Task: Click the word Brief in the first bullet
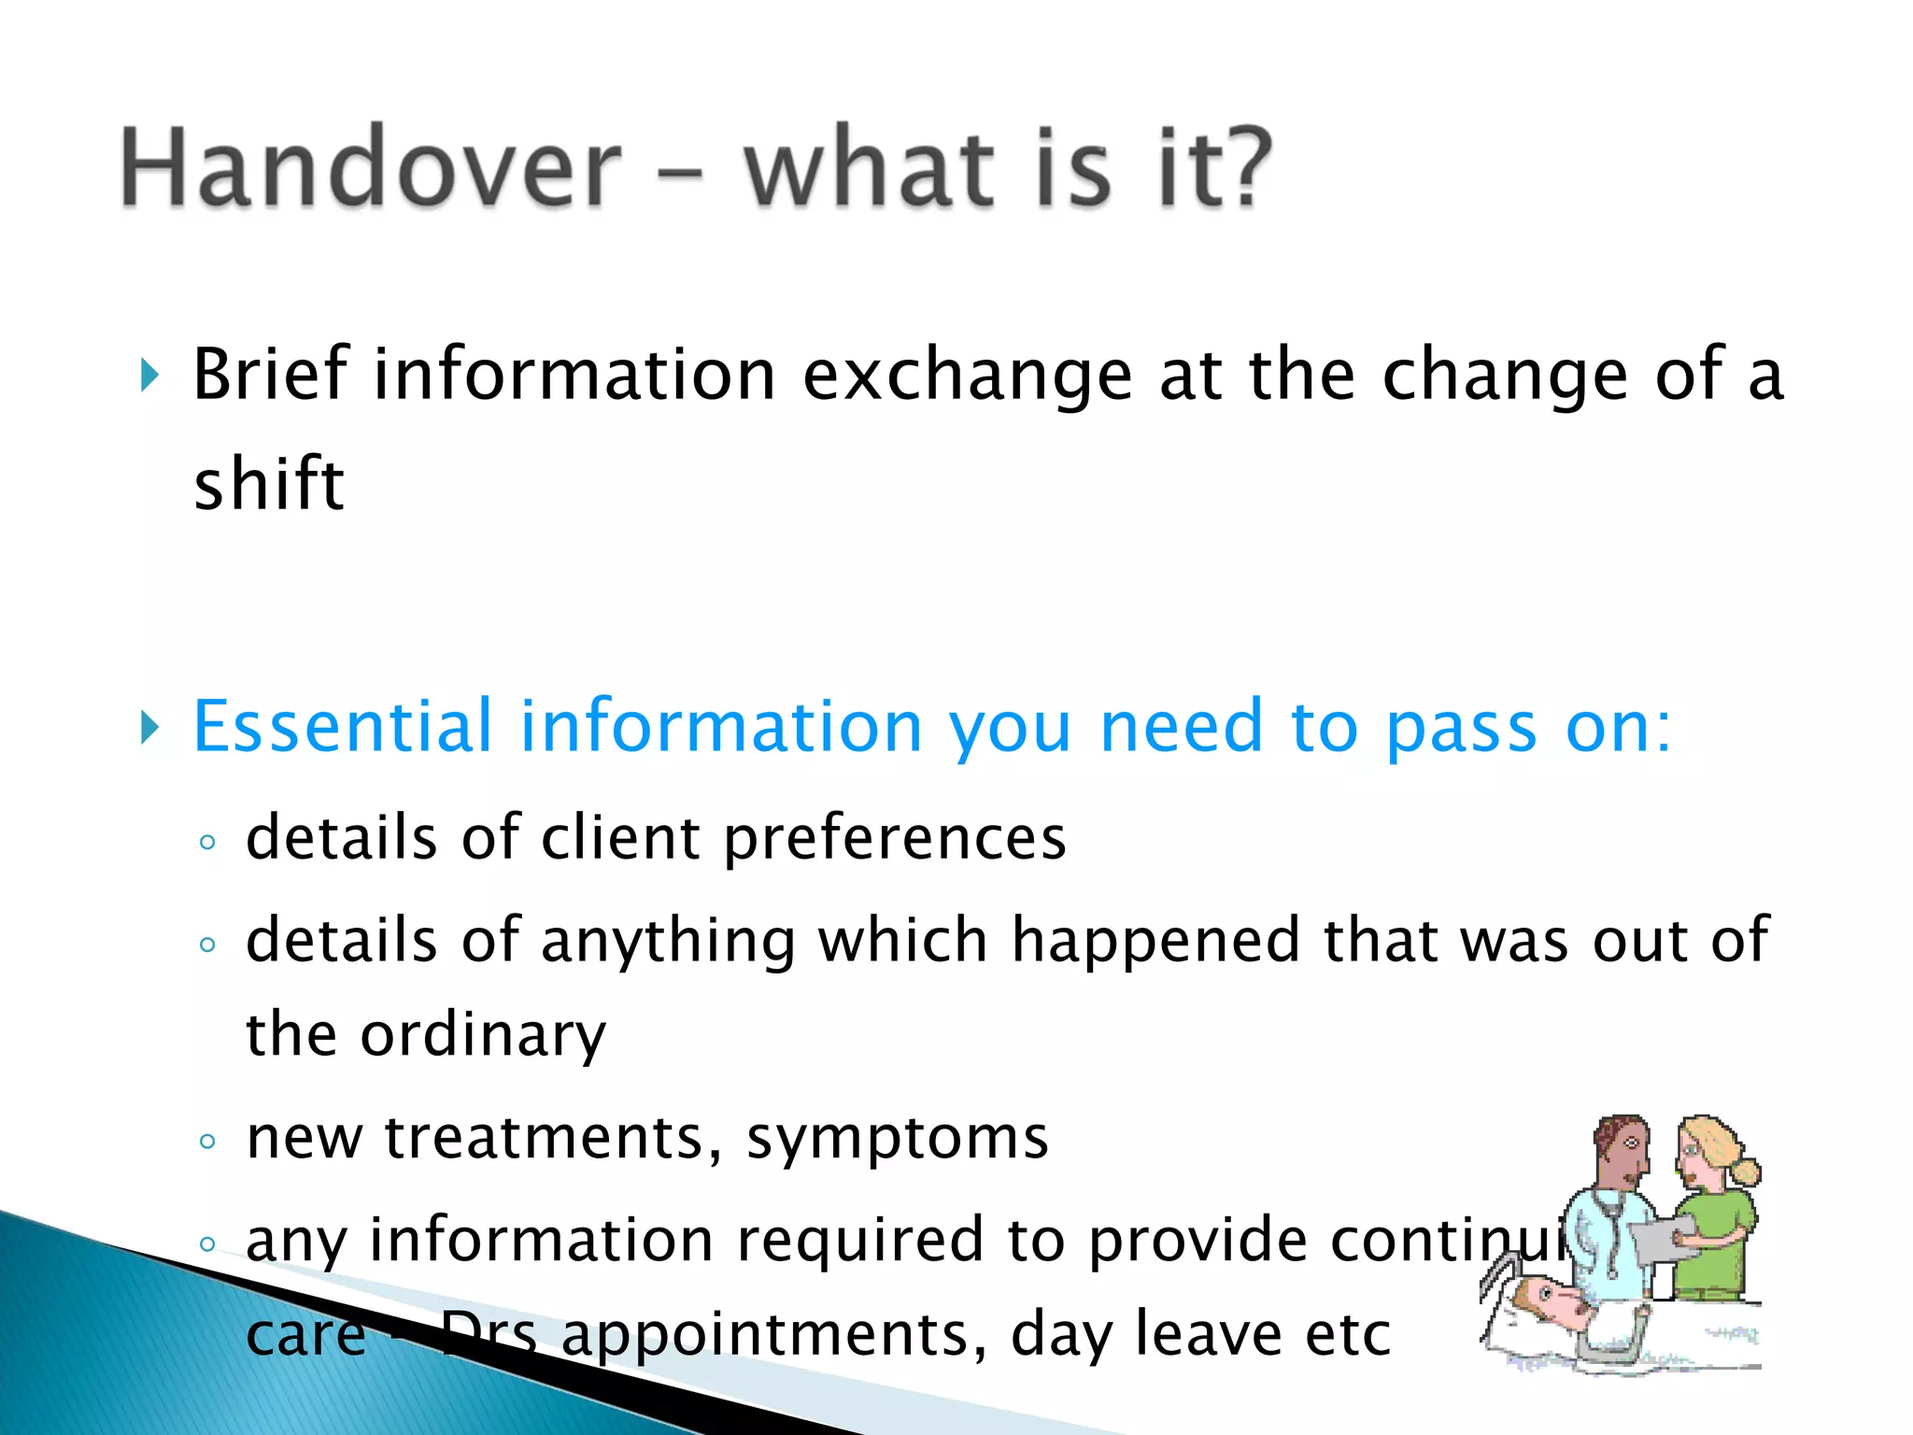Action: [271, 374]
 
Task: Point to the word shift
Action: [269, 483]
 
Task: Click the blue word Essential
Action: [342, 726]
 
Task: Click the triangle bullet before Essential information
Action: [149, 727]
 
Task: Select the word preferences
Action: [894, 839]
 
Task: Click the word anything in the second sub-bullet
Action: [667, 942]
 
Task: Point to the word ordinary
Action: [483, 1036]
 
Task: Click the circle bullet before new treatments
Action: [207, 1141]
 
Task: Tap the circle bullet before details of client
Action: [207, 842]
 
